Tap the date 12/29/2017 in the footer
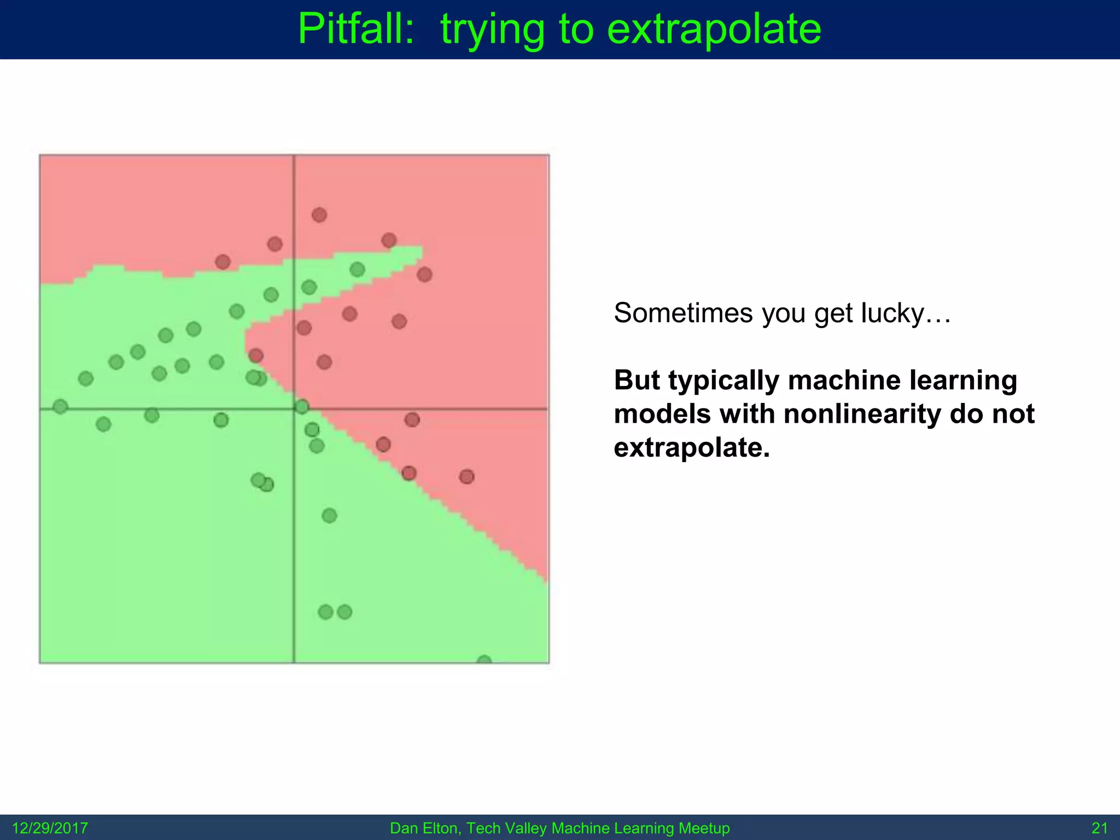[50, 828]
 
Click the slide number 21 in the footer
[1099, 828]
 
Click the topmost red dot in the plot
[319, 215]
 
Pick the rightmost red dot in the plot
[466, 477]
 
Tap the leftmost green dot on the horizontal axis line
[60, 406]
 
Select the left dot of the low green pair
[325, 612]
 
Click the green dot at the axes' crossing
[301, 406]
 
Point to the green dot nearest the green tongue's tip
[357, 269]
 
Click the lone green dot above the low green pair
[329, 515]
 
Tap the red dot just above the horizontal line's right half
[412, 420]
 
